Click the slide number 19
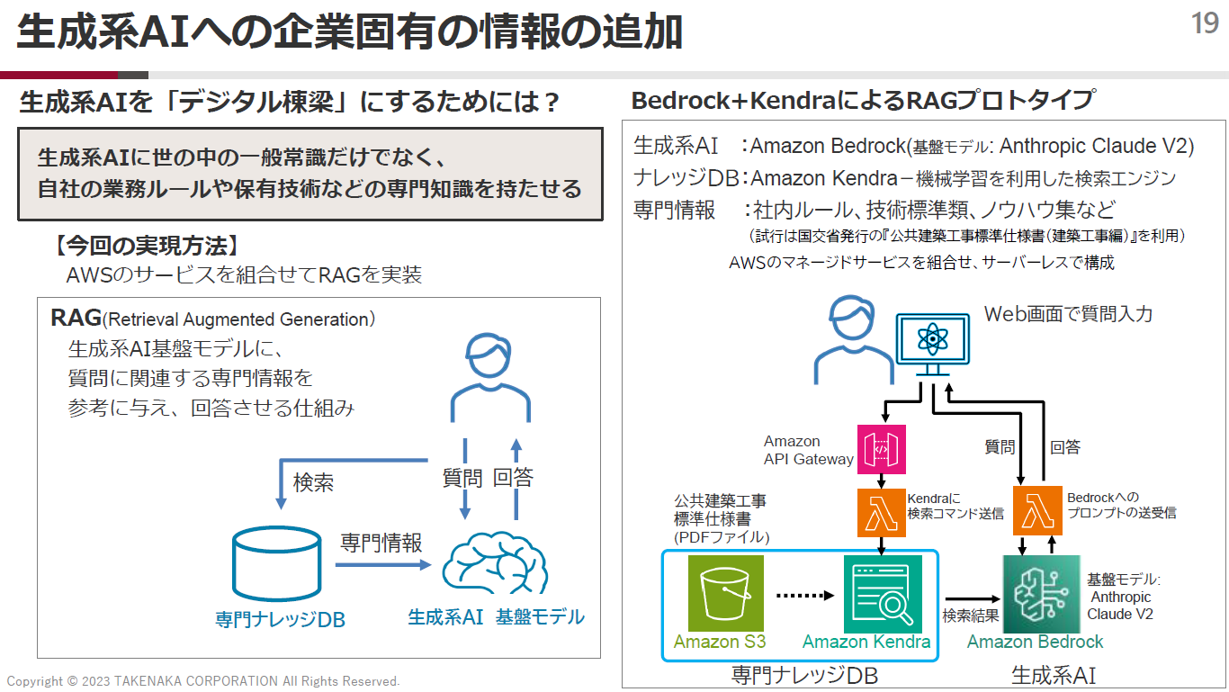[1205, 23]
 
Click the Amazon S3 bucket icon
[725, 593]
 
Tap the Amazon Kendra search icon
[882, 593]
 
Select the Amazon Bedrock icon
[1040, 593]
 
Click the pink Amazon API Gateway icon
[881, 449]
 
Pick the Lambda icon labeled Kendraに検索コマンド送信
[881, 511]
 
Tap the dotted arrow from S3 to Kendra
[805, 595]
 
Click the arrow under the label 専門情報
[383, 565]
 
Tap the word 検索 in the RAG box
[313, 482]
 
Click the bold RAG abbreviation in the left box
[76, 318]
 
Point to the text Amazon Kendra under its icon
[866, 642]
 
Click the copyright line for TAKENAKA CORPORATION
[203, 681]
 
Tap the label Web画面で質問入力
[1068, 314]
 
